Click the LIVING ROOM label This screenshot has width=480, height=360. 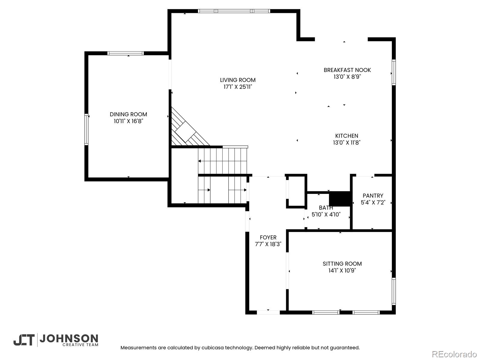(238, 80)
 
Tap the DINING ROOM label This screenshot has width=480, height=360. (128, 114)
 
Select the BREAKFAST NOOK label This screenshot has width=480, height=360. (347, 70)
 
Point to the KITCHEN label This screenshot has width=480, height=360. (347, 136)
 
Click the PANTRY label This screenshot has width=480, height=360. (373, 196)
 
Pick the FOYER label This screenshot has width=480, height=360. (268, 237)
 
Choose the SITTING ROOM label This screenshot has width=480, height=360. (342, 264)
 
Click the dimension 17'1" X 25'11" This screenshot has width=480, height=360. (238, 87)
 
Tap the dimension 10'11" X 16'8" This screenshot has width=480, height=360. (128, 121)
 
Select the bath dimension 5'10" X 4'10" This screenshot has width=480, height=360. (326, 214)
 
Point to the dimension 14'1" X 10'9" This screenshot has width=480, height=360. (342, 270)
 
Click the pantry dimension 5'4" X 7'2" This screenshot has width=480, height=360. (373, 202)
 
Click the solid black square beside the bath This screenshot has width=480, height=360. (340, 199)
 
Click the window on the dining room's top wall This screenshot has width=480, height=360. (125, 53)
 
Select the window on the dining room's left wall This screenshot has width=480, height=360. (86, 129)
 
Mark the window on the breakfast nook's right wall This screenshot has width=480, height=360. (394, 72)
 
